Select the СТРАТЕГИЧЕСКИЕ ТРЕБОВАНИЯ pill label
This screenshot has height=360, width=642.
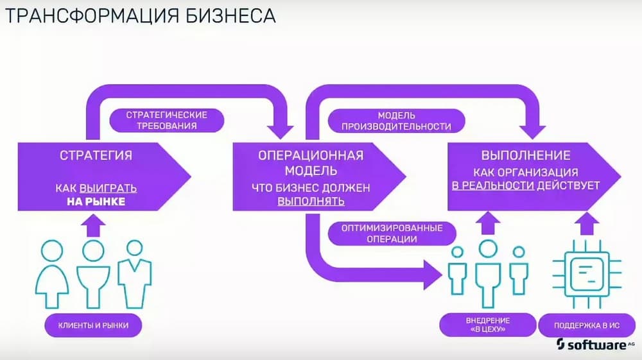(166, 120)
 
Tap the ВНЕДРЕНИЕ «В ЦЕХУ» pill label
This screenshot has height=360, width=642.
(488, 325)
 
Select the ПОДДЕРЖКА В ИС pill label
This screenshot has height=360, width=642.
(586, 325)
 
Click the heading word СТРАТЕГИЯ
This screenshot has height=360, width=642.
(96, 156)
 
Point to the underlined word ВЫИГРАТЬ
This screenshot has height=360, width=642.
(108, 189)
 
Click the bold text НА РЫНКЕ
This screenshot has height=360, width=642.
(96, 202)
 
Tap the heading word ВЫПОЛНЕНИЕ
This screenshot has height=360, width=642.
(526, 155)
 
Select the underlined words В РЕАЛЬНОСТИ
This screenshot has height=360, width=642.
(493, 185)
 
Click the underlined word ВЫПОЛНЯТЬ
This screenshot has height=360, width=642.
(311, 201)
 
